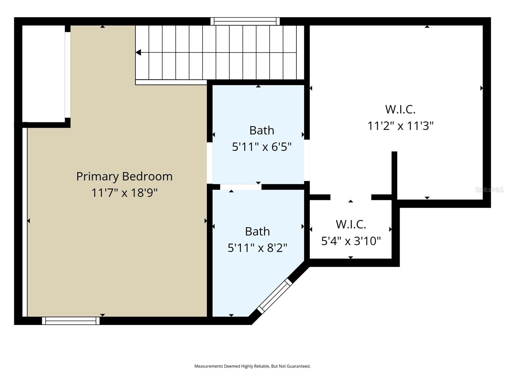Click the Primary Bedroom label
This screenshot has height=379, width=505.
coord(124,176)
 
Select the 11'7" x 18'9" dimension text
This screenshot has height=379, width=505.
coord(124,193)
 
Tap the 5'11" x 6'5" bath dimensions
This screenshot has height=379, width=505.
coord(262,147)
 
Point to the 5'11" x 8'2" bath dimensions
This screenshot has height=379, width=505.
coord(257,248)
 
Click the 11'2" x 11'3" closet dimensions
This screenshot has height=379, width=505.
coord(400,126)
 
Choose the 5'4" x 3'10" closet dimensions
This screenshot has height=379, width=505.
coord(351,241)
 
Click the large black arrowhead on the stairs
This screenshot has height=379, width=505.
coord(138,52)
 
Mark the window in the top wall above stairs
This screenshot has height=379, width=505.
coord(245,21)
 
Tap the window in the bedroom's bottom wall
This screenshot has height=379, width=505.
coord(71,321)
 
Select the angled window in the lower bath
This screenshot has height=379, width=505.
coord(275,296)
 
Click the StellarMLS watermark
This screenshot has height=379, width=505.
coord(489,190)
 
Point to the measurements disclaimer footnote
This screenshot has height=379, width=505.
coord(252,366)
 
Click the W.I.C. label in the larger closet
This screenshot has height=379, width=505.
coord(400,110)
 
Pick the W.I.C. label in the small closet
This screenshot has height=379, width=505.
coord(351,225)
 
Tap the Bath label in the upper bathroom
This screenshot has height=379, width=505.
coord(262,130)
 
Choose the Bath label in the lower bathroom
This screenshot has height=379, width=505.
coord(257,232)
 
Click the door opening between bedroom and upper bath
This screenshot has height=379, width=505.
coord(210,163)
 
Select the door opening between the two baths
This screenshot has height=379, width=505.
coord(241,187)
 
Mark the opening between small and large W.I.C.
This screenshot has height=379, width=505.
coord(351,197)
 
